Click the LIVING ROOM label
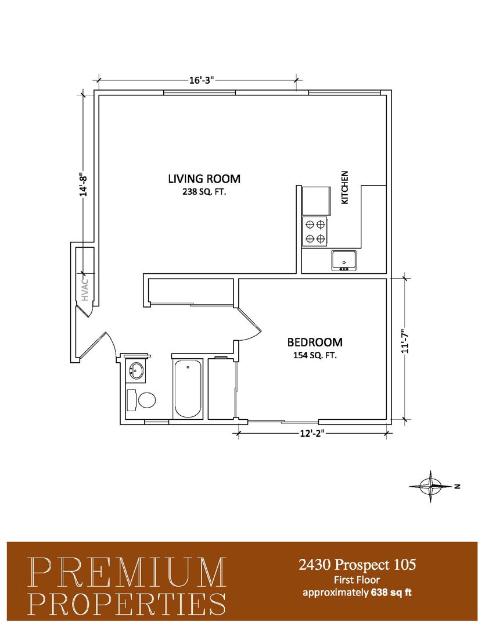204,179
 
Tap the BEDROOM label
315,342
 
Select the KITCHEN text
344,187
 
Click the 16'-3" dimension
202,80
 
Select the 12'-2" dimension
312,433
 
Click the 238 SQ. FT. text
204,192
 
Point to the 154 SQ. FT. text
315,355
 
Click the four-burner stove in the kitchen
315,232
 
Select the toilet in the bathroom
141,399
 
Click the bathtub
188,388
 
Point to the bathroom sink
136,370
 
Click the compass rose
431,486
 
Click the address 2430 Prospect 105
357,565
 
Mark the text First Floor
357,580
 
